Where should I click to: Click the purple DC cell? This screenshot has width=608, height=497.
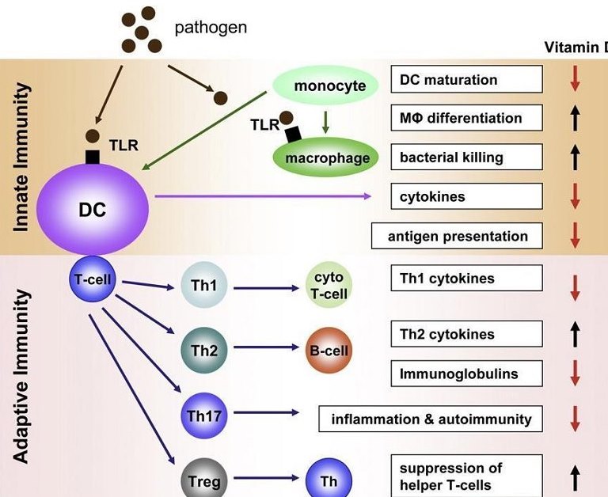93,209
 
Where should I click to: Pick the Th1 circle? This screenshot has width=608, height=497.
203,286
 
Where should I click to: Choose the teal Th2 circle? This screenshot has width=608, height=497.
203,349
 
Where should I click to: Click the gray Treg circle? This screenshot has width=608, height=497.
203,480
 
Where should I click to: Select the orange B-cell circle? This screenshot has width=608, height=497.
329,350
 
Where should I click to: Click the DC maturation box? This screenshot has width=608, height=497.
467,79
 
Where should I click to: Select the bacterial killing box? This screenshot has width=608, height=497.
467,157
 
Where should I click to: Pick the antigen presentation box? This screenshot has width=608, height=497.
457,236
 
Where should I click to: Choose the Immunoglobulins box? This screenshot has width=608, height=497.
467,373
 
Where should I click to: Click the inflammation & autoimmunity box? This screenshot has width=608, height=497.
431,419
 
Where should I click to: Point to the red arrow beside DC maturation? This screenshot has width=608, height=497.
576,80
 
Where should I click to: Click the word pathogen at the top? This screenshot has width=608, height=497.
211,28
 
